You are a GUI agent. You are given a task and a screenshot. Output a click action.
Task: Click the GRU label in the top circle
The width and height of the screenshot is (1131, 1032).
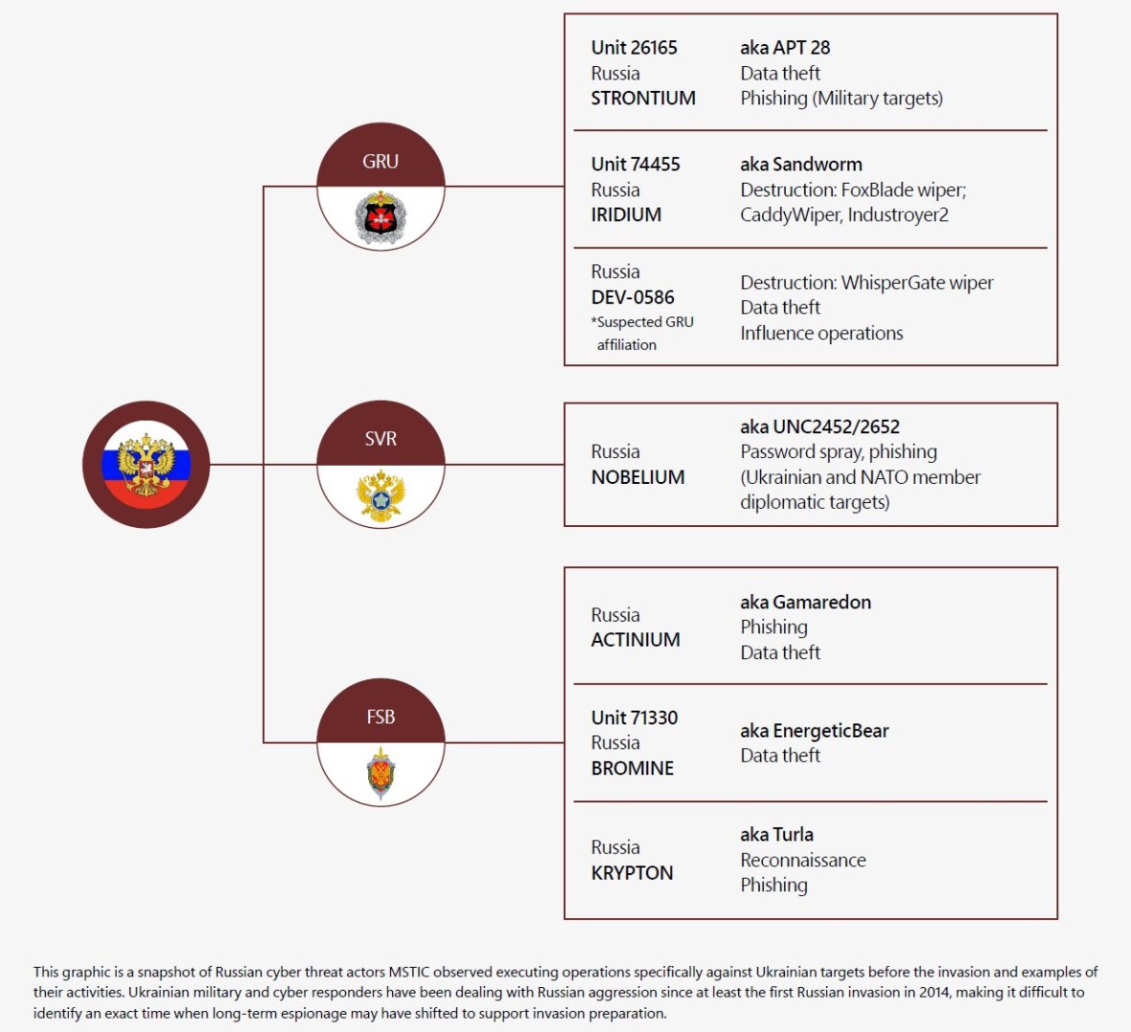(381, 162)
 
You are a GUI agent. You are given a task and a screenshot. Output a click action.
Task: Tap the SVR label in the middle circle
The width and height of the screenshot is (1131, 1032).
(381, 439)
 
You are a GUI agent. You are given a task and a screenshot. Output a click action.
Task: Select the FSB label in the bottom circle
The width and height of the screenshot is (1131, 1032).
(381, 717)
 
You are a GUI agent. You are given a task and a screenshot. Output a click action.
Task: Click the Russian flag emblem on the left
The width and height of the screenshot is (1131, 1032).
(146, 465)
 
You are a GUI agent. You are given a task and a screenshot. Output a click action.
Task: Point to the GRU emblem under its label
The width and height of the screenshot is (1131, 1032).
(381, 218)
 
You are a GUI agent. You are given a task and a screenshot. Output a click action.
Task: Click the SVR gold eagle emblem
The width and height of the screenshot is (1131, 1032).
(381, 495)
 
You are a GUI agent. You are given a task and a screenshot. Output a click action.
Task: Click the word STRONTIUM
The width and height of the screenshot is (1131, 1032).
(643, 98)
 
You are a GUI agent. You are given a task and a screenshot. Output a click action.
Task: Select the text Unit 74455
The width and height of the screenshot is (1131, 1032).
(635, 165)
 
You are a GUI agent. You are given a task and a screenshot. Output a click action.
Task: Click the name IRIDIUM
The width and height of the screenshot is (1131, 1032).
(626, 215)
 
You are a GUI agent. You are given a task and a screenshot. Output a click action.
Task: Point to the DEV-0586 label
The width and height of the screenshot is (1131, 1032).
(633, 297)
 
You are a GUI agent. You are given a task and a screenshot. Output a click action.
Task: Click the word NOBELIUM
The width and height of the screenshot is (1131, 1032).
(637, 477)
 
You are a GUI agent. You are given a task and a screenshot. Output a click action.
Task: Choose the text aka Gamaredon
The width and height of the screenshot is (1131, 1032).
(806, 602)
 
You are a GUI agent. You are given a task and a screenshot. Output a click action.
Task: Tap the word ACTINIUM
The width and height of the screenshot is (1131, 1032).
(635, 640)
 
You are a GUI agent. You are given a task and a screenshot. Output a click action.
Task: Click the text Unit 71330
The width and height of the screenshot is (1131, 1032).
(635, 719)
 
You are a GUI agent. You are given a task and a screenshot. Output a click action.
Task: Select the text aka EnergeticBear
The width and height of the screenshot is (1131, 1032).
(815, 731)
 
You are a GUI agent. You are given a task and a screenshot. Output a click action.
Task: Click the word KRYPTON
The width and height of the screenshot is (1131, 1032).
(632, 873)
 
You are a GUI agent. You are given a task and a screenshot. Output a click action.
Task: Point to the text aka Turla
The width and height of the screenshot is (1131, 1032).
(776, 836)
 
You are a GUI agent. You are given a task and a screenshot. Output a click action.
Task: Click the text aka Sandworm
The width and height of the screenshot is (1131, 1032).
(801, 165)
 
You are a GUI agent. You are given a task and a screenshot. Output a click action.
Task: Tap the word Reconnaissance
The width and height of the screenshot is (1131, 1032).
(803, 860)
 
